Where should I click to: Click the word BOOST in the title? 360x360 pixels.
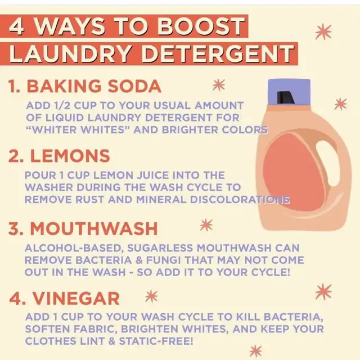201,26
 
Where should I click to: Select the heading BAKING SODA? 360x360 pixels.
94,86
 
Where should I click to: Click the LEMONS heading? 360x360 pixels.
70,156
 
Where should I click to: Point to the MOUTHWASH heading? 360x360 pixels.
94,229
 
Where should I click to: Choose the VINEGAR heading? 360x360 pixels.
76,298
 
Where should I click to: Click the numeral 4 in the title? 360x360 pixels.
16,27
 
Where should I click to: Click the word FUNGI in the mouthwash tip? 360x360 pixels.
163,260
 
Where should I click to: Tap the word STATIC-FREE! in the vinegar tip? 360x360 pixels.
156,341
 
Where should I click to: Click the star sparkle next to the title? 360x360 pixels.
323,31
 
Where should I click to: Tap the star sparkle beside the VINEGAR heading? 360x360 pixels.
151,296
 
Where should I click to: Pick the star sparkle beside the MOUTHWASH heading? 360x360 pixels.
206,225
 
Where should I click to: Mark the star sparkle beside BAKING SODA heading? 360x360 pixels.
219,85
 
